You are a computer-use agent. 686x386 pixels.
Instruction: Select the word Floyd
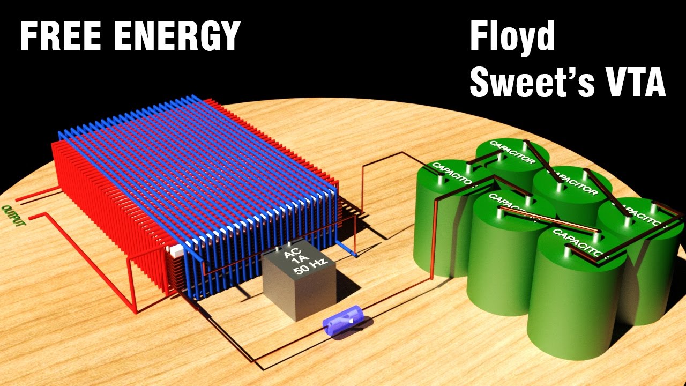[x=512, y=38]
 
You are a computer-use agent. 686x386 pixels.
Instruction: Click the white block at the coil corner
[x=175, y=249]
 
